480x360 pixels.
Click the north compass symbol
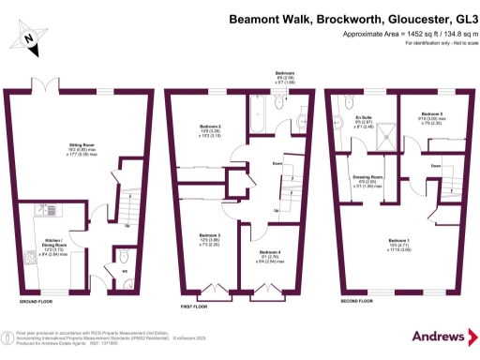pyautogui.click(x=29, y=37)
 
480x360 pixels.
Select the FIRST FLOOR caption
pyautogui.click(x=193, y=304)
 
